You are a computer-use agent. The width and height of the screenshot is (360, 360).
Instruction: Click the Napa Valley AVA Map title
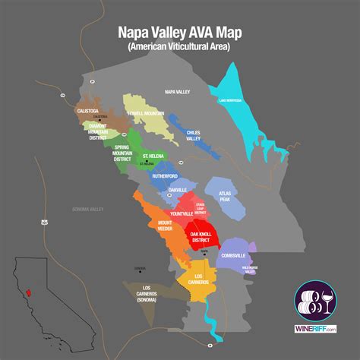pyautogui.click(x=179, y=33)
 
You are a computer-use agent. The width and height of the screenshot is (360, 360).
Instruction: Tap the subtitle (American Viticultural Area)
pyautogui.click(x=179, y=46)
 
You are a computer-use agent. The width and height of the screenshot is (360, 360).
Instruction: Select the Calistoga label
pyautogui.click(x=88, y=110)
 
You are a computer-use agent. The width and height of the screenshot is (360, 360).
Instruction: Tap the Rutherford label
pyautogui.click(x=164, y=175)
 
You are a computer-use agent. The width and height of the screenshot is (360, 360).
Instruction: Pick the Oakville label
pyautogui.click(x=177, y=189)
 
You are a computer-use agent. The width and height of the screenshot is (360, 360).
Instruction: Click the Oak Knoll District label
pyautogui.click(x=204, y=236)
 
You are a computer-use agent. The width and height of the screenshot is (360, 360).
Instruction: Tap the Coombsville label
pyautogui.click(x=232, y=255)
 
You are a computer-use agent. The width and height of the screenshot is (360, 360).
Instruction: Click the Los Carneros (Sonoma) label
pyautogui.click(x=139, y=294)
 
